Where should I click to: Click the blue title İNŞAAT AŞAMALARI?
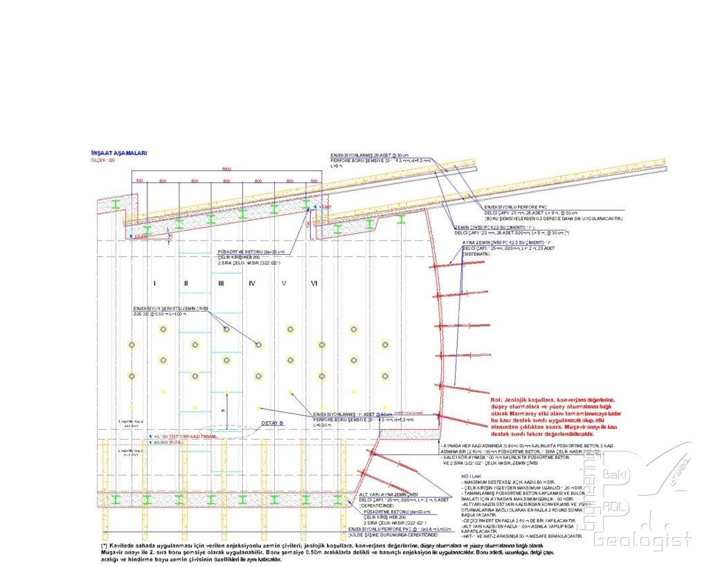click(118, 153)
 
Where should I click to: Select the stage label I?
click(154, 283)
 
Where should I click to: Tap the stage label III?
click(221, 283)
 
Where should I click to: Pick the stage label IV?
click(252, 283)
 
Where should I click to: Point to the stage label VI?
click(314, 283)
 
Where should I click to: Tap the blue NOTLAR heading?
click(470, 477)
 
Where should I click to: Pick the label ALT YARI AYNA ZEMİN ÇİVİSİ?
click(389, 494)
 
